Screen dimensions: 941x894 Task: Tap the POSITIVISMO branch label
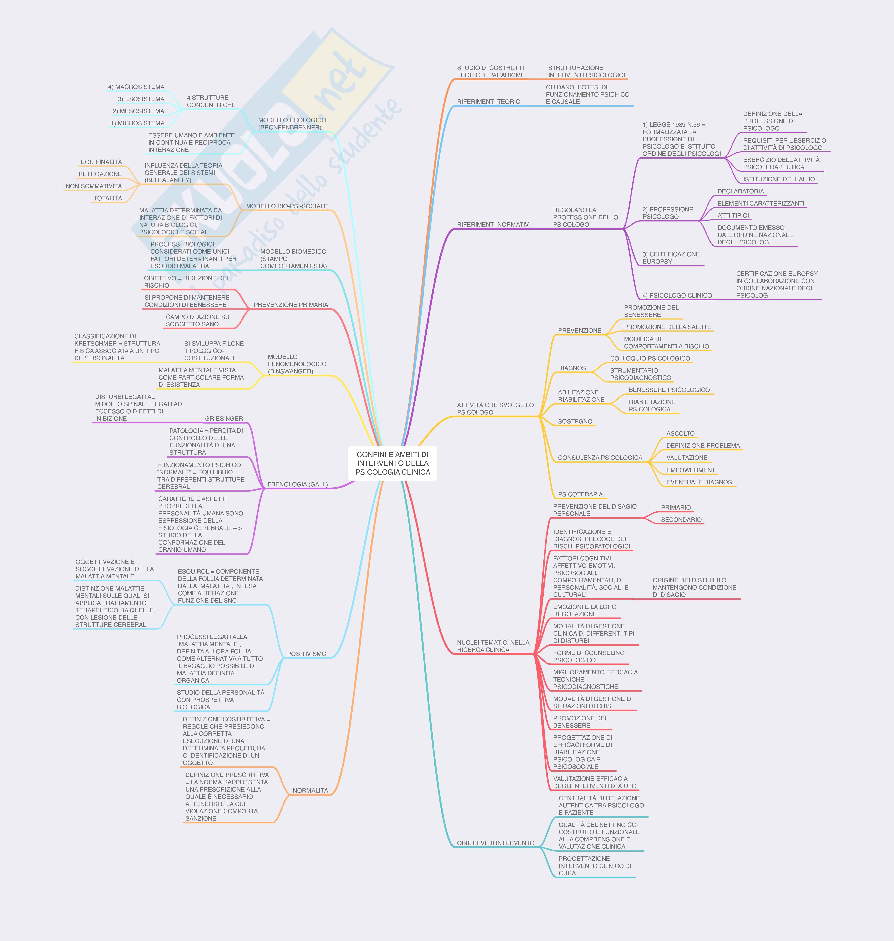(306, 653)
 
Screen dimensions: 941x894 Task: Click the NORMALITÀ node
(310, 790)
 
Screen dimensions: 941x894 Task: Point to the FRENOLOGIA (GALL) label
(297, 484)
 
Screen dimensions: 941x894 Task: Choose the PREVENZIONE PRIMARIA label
(291, 305)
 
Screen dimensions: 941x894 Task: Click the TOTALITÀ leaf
(108, 198)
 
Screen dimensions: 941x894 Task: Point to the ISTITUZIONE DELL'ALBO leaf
(779, 179)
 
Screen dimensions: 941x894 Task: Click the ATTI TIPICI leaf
(733, 216)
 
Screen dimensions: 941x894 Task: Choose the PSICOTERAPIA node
(580, 494)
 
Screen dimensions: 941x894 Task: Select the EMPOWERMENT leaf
(691, 470)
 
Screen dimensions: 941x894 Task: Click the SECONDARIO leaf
(681, 520)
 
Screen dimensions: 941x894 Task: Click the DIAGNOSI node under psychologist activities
(572, 368)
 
